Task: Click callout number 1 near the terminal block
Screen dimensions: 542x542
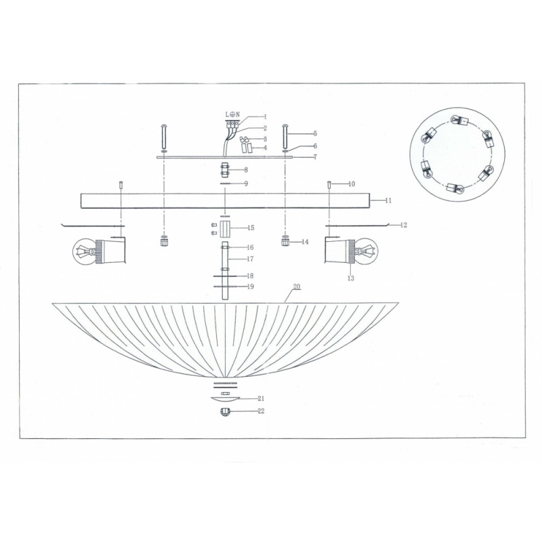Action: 266,117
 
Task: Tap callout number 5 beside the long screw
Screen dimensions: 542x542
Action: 315,133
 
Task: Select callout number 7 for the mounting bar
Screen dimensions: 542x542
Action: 315,157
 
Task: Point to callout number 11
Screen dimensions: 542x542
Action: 388,201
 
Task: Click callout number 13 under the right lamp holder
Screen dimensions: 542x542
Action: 351,278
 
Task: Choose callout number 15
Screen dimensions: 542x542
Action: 251,228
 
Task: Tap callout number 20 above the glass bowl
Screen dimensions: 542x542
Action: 297,287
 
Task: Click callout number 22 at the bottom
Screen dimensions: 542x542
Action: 261,411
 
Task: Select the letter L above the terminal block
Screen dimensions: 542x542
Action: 228,114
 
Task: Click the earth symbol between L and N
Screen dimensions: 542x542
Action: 232,114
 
